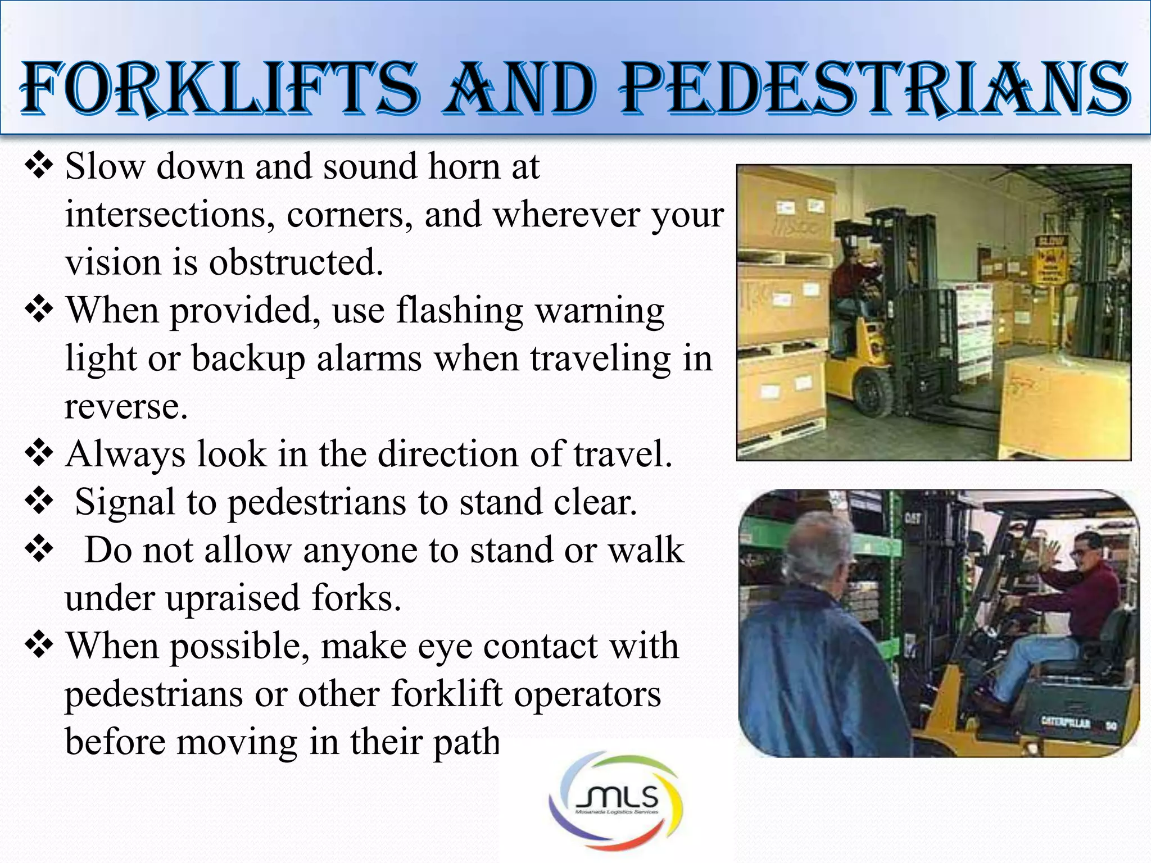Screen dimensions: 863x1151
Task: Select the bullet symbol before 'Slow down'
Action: click(39, 166)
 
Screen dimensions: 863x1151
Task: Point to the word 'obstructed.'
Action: click(296, 262)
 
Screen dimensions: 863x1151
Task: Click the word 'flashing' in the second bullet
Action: click(459, 310)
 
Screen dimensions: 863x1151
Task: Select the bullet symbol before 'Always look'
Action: click(39, 454)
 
